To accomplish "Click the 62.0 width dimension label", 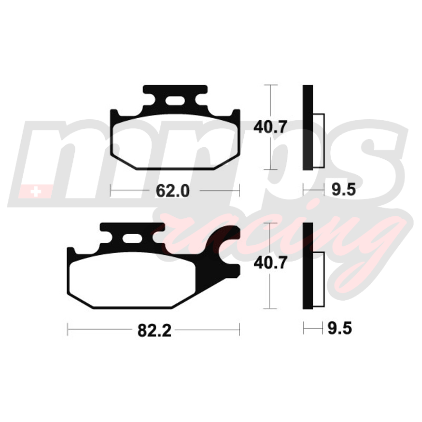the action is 172,191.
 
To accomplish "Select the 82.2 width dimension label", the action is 154,330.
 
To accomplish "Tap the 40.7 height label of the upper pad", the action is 271,127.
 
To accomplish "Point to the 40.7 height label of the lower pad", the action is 271,263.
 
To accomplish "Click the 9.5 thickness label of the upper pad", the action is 343,190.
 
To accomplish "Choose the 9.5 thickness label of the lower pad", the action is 340,328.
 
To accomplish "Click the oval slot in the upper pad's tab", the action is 175,101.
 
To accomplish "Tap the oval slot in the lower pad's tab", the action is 132,238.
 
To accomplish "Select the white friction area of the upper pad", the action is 175,141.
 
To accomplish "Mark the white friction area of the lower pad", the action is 132,280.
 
